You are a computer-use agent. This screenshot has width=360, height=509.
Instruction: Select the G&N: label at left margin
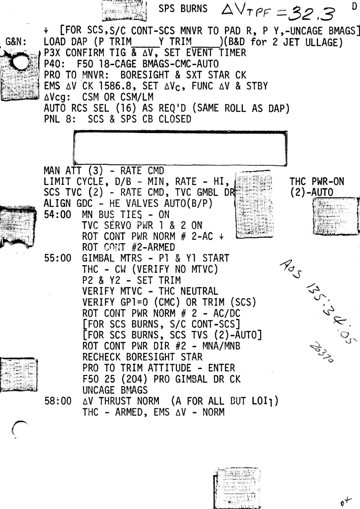click(x=17, y=42)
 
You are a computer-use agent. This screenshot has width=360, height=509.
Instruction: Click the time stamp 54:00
click(x=58, y=215)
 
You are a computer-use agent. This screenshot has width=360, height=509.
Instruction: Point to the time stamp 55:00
click(x=58, y=258)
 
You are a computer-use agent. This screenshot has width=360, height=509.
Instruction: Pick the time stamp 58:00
click(x=58, y=401)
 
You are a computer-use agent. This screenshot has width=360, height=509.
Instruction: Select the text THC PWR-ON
click(x=316, y=182)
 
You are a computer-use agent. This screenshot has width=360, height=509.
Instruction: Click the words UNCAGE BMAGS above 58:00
click(x=115, y=389)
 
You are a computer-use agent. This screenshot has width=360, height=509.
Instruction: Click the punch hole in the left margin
click(x=19, y=63)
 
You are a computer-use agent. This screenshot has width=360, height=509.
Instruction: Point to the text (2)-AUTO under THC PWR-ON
click(x=312, y=192)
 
